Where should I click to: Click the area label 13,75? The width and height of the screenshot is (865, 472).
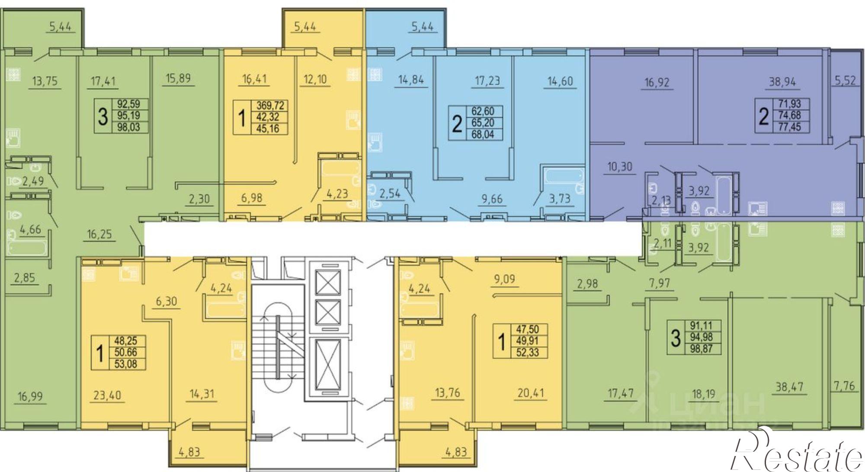(45, 81)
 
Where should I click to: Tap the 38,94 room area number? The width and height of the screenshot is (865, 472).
(782, 82)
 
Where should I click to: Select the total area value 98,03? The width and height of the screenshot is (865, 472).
(129, 127)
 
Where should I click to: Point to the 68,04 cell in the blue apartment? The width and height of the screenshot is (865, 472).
(483, 134)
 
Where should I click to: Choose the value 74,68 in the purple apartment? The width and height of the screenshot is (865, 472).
(789, 115)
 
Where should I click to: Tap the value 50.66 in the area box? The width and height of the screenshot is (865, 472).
(125, 353)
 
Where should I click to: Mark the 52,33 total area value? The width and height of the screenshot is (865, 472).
(527, 352)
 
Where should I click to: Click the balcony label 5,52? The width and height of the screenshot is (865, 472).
(844, 81)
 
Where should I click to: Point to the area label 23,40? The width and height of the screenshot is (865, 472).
(108, 395)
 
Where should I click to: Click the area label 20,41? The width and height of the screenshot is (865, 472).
(530, 393)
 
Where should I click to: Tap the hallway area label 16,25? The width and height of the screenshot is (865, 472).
(99, 235)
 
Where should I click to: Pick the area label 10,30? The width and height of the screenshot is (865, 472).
(620, 166)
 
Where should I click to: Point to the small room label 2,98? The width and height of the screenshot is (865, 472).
(587, 284)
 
